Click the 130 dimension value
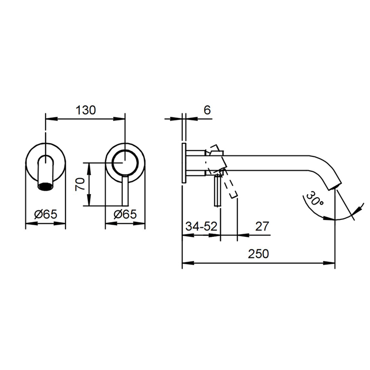[x=86, y=110]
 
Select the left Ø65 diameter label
[x=45, y=214]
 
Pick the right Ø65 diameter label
[x=125, y=214]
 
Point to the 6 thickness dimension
[x=207, y=110]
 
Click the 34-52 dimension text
[x=201, y=226]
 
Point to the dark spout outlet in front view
[x=46, y=186]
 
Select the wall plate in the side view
[x=183, y=163]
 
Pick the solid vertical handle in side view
[x=216, y=191]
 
